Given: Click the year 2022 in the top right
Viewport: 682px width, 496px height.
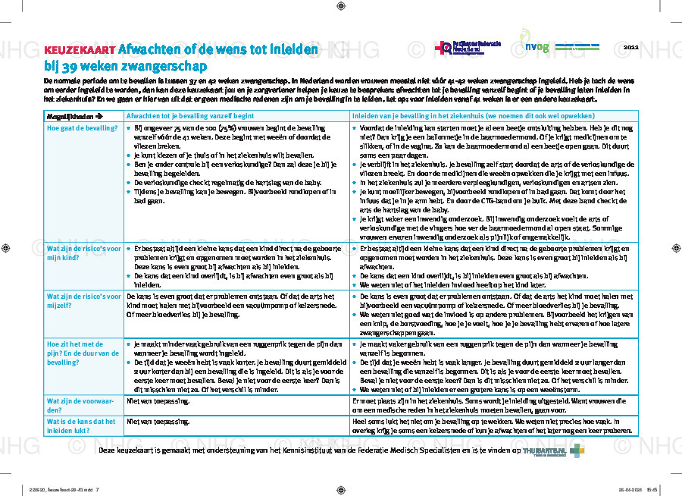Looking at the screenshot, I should click(x=630, y=47).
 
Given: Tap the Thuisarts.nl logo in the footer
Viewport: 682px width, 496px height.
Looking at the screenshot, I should click(x=546, y=450).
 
